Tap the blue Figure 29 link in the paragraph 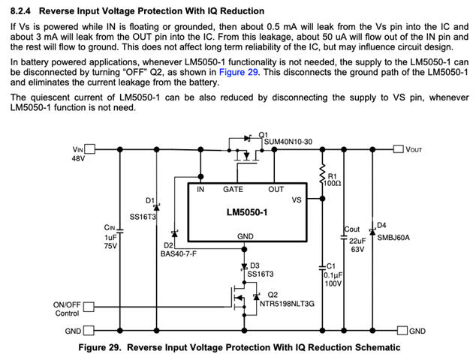237,72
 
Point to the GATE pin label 233,190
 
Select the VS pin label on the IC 297,200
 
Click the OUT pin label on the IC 276,190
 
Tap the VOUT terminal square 399,149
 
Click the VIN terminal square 89,149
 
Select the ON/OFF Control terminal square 89,306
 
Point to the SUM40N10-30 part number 288,142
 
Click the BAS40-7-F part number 178,254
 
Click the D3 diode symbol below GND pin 245,266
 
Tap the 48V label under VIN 78,159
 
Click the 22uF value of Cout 357,239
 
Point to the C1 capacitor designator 330,265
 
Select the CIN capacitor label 110,226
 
